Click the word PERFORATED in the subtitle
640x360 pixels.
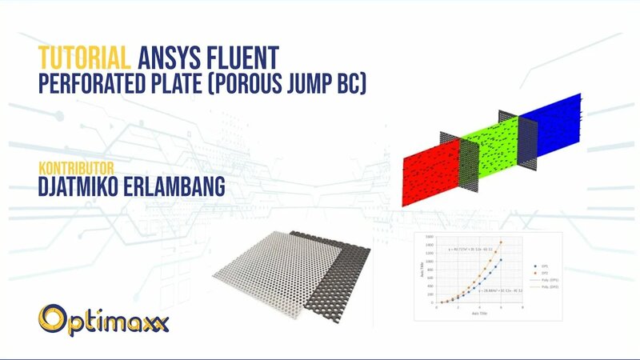coord(102,82)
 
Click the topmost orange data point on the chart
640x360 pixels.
coord(501,242)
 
